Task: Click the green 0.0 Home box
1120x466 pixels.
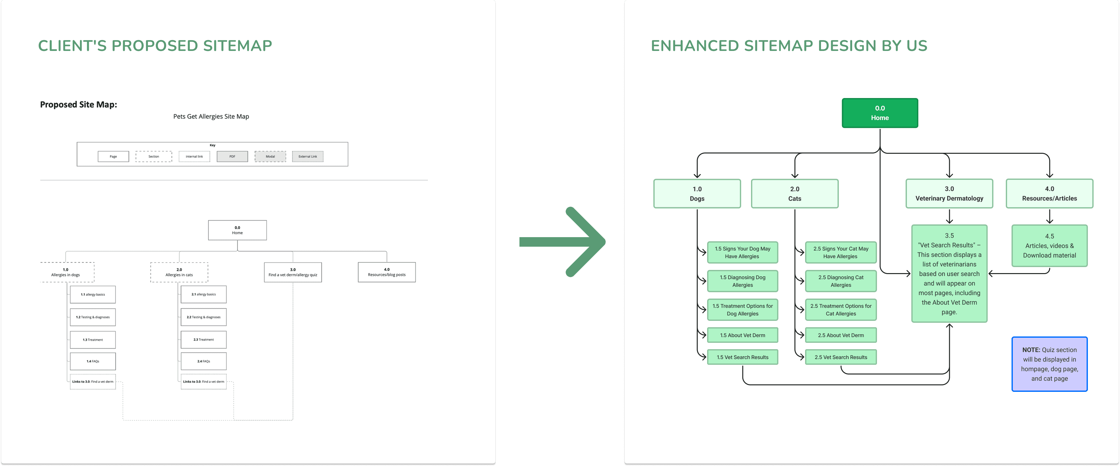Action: [880, 113]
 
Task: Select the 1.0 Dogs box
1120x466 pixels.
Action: [697, 194]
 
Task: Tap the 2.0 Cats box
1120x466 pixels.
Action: [794, 194]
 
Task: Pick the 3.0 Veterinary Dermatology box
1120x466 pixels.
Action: [949, 194]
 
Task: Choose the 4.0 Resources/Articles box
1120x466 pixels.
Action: [1049, 194]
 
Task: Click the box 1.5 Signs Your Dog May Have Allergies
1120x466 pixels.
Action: [742, 252]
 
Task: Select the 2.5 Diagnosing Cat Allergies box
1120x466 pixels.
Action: [840, 281]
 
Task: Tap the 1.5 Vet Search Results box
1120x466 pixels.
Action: [742, 357]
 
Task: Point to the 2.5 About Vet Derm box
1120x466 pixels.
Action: [840, 335]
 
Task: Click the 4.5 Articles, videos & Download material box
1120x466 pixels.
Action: [1049, 246]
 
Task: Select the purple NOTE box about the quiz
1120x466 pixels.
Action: [1049, 364]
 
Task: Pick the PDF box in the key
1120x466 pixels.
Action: [232, 157]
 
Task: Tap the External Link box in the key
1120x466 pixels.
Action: [307, 157]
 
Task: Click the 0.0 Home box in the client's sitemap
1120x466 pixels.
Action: [237, 230]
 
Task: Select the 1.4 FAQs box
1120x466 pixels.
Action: [93, 361]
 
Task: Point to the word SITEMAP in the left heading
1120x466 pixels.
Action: [237, 46]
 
